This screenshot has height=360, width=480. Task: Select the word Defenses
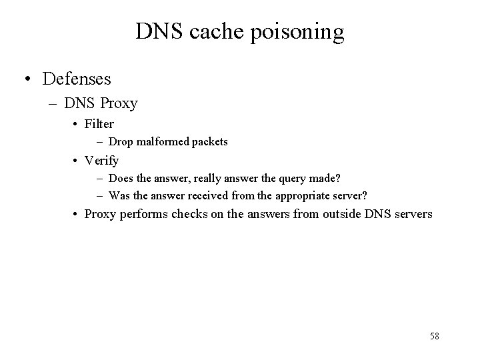click(x=77, y=79)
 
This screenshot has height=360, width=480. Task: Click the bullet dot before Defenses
click(x=27, y=79)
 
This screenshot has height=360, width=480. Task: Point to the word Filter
click(x=99, y=124)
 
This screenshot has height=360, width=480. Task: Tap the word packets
click(x=210, y=141)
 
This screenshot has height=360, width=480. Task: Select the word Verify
click(x=102, y=161)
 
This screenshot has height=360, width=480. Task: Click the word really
click(x=197, y=178)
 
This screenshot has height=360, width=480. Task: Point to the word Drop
click(x=120, y=141)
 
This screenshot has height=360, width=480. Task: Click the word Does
click(x=121, y=178)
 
